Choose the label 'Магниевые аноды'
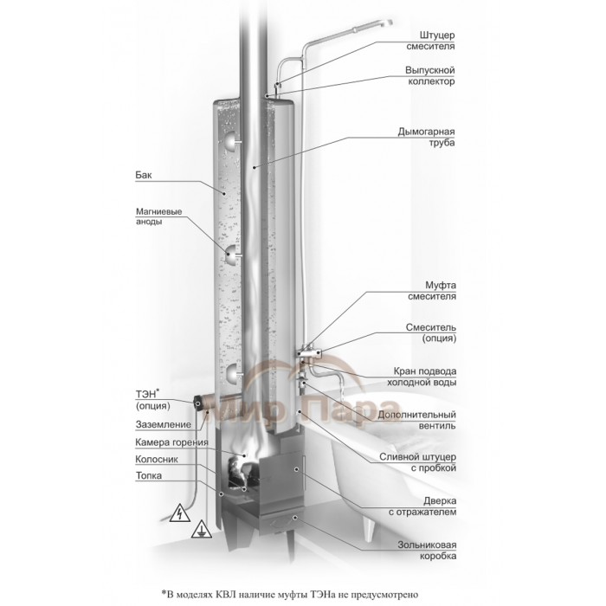pos(158,217)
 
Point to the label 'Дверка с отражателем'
pos(424,506)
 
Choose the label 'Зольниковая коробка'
pos(424,551)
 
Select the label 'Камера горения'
pos(171,443)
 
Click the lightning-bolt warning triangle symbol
pos(177,512)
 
